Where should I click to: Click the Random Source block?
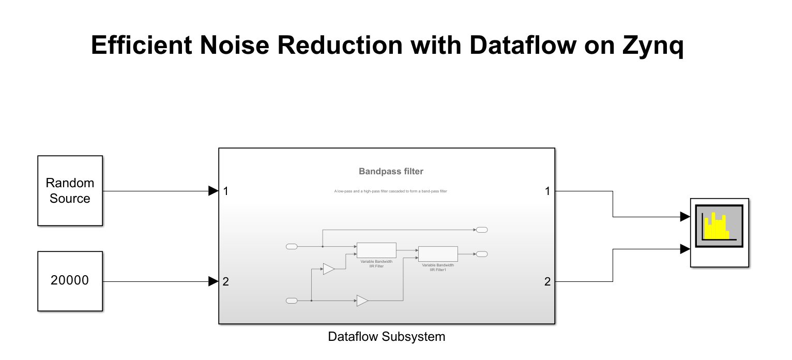point(70,190)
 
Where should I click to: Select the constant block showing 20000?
point(70,281)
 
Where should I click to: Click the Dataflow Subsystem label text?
point(386,337)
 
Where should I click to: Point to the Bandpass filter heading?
point(391,171)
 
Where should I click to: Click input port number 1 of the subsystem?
point(226,191)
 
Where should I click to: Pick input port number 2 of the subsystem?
point(226,282)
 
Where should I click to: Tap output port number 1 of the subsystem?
point(547,191)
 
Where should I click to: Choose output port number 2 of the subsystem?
point(547,282)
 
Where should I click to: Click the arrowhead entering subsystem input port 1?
point(213,191)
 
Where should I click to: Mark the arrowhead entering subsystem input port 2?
point(213,281)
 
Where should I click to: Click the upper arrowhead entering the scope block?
point(685,217)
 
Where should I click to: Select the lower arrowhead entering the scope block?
point(685,249)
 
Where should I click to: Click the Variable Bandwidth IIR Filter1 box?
point(438,254)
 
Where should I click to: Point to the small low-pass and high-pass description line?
point(391,191)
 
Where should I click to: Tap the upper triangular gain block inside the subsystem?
point(329,269)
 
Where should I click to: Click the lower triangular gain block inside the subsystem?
point(362,301)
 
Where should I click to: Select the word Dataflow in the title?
point(522,45)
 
